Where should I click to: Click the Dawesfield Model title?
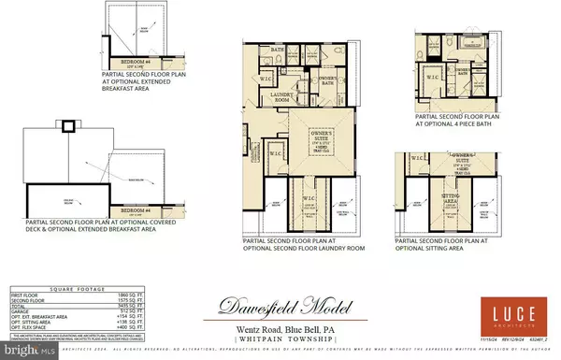[281, 305]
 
